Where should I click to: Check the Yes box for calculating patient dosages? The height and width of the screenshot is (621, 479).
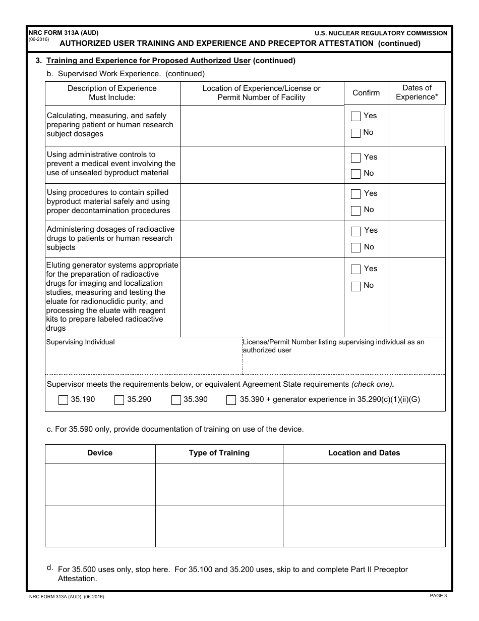tap(355, 116)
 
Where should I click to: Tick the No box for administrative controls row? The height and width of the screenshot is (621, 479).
tap(355, 174)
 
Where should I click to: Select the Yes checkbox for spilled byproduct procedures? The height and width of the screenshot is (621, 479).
tap(355, 194)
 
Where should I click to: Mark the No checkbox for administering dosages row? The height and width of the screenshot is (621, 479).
tap(355, 247)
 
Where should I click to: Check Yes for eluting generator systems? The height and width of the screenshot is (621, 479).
tap(355, 269)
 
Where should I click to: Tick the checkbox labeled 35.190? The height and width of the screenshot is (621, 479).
tap(63, 400)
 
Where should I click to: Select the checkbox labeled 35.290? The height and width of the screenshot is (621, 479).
tap(119, 400)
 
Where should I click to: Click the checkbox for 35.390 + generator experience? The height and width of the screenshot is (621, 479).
tap(231, 400)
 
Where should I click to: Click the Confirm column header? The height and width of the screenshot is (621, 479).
tap(366, 93)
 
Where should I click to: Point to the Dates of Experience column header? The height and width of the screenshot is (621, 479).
tap(417, 92)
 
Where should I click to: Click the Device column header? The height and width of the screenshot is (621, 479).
tap(100, 453)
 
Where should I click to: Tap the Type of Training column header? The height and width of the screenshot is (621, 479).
tap(219, 453)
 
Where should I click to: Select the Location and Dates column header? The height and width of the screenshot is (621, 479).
tap(364, 453)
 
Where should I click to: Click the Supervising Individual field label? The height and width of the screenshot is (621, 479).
tap(80, 342)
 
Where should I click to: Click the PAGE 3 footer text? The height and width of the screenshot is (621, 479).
tap(438, 596)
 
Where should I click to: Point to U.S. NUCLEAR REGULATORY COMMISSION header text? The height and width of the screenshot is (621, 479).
tap(381, 33)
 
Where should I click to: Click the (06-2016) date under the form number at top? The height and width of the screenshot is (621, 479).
tap(39, 39)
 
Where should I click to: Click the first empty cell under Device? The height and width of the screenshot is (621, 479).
tap(100, 484)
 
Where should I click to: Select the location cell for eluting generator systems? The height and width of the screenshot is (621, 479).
tap(262, 297)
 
